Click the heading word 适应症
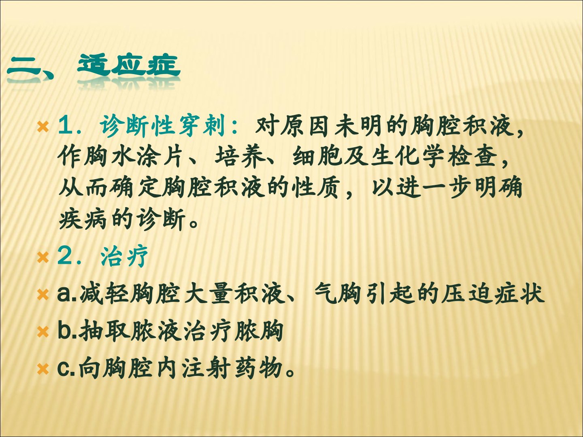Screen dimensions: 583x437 point(129,66)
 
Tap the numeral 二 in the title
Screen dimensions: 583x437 point(24,70)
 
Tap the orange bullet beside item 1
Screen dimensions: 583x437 point(43,127)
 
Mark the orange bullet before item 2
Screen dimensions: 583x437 point(43,257)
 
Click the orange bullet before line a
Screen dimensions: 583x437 point(43,295)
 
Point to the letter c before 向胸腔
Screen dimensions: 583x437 point(64,369)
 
